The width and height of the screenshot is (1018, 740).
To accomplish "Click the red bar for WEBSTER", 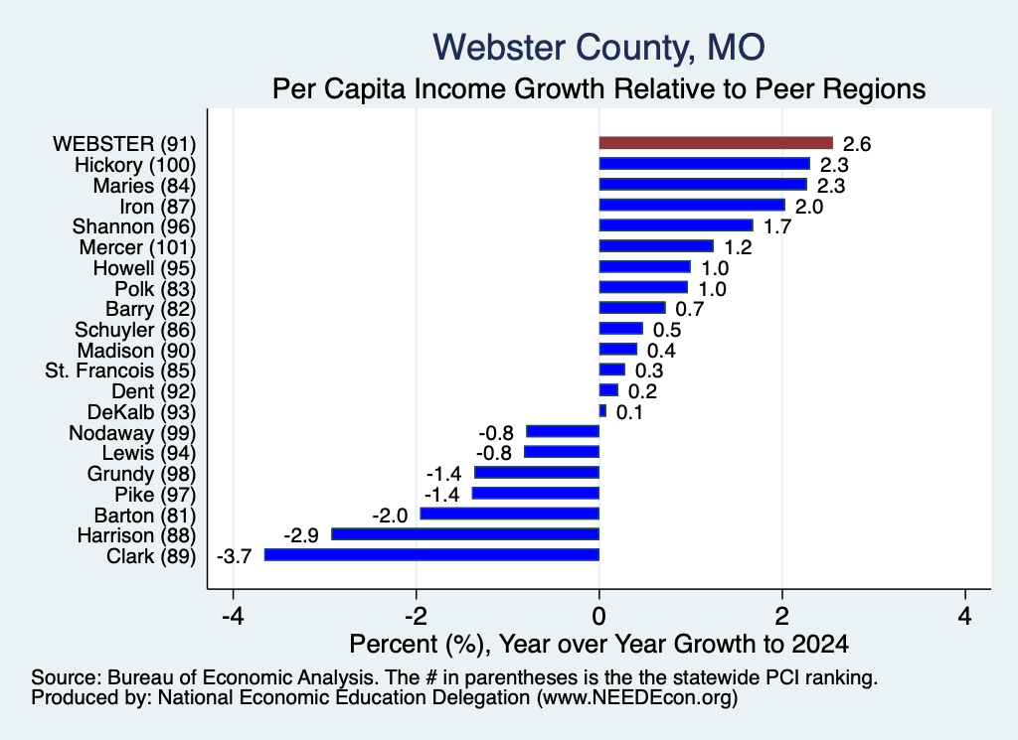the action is [716, 143].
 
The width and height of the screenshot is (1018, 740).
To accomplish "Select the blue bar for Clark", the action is [431, 554].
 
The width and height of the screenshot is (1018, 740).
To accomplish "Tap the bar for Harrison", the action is [465, 533].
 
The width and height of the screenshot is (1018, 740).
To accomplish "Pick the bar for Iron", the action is [692, 205].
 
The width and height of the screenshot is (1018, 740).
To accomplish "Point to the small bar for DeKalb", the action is [602, 411].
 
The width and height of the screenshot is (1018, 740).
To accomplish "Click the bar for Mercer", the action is [656, 246].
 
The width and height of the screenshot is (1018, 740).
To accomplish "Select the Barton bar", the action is [510, 514].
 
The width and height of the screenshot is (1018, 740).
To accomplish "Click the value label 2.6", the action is [856, 144].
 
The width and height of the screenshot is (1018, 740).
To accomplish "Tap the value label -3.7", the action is [234, 556].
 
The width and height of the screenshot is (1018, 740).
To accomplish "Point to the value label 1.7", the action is [777, 227].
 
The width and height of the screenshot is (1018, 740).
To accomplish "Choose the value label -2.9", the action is [301, 535].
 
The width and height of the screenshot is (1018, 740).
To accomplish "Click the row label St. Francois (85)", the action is [120, 370].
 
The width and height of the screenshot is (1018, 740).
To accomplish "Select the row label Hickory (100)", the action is [135, 165].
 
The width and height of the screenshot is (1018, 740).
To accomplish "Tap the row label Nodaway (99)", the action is [132, 433].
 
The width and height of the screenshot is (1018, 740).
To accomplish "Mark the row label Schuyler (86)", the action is [135, 330].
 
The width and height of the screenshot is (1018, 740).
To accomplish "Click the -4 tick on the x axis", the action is [233, 616].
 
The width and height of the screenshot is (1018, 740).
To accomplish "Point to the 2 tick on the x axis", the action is [782, 616].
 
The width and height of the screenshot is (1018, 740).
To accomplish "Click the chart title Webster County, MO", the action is [598, 48].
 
